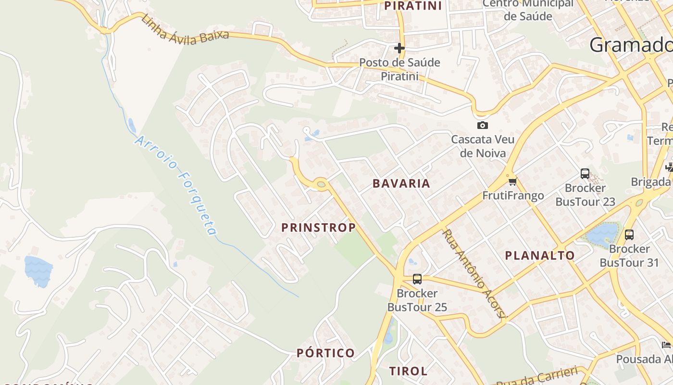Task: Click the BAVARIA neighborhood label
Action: (x=401, y=183)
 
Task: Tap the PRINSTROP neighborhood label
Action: (x=319, y=228)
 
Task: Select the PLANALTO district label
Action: (x=540, y=256)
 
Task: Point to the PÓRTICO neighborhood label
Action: (x=326, y=353)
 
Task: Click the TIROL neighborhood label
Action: (x=408, y=371)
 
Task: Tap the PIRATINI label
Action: (x=413, y=6)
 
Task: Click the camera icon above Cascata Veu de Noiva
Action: (x=482, y=125)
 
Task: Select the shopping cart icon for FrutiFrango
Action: (x=512, y=181)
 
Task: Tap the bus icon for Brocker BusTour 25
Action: (x=417, y=279)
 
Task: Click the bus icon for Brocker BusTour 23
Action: (x=585, y=174)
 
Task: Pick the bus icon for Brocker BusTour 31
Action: (x=629, y=235)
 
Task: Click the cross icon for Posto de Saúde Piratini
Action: (x=399, y=48)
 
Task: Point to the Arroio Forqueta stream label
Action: (x=176, y=185)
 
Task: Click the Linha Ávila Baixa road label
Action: (x=185, y=30)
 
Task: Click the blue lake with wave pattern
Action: (x=38, y=271)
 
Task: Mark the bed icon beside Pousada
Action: (x=666, y=345)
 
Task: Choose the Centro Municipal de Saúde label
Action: (x=528, y=10)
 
